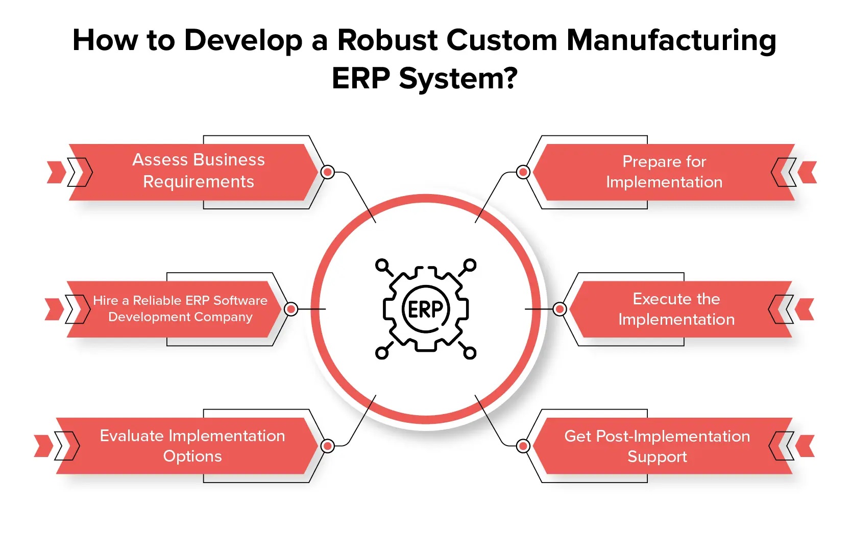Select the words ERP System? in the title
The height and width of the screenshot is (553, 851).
425,79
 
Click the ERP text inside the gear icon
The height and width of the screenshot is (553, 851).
425,309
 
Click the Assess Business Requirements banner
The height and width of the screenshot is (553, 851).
199,171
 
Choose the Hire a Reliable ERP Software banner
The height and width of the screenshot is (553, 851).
180,308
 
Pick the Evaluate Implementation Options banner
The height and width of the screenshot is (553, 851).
192,446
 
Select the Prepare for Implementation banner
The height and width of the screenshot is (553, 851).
664,172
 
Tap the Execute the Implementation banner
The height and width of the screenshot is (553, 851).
676,309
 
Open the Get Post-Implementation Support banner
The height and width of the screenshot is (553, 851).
657,446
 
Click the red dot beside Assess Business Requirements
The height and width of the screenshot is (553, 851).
328,172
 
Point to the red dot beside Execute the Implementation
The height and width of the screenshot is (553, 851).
560,309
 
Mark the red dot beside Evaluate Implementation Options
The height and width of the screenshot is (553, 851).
328,446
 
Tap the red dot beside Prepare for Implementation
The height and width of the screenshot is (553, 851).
523,172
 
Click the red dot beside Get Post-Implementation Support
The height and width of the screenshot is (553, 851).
523,446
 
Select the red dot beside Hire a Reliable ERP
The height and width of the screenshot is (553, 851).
291,309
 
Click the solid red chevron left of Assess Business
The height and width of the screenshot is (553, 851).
56,172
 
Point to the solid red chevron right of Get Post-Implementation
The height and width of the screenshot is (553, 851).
807,446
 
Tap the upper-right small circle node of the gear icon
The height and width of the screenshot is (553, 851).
470,265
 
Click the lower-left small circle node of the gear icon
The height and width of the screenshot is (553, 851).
381,353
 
